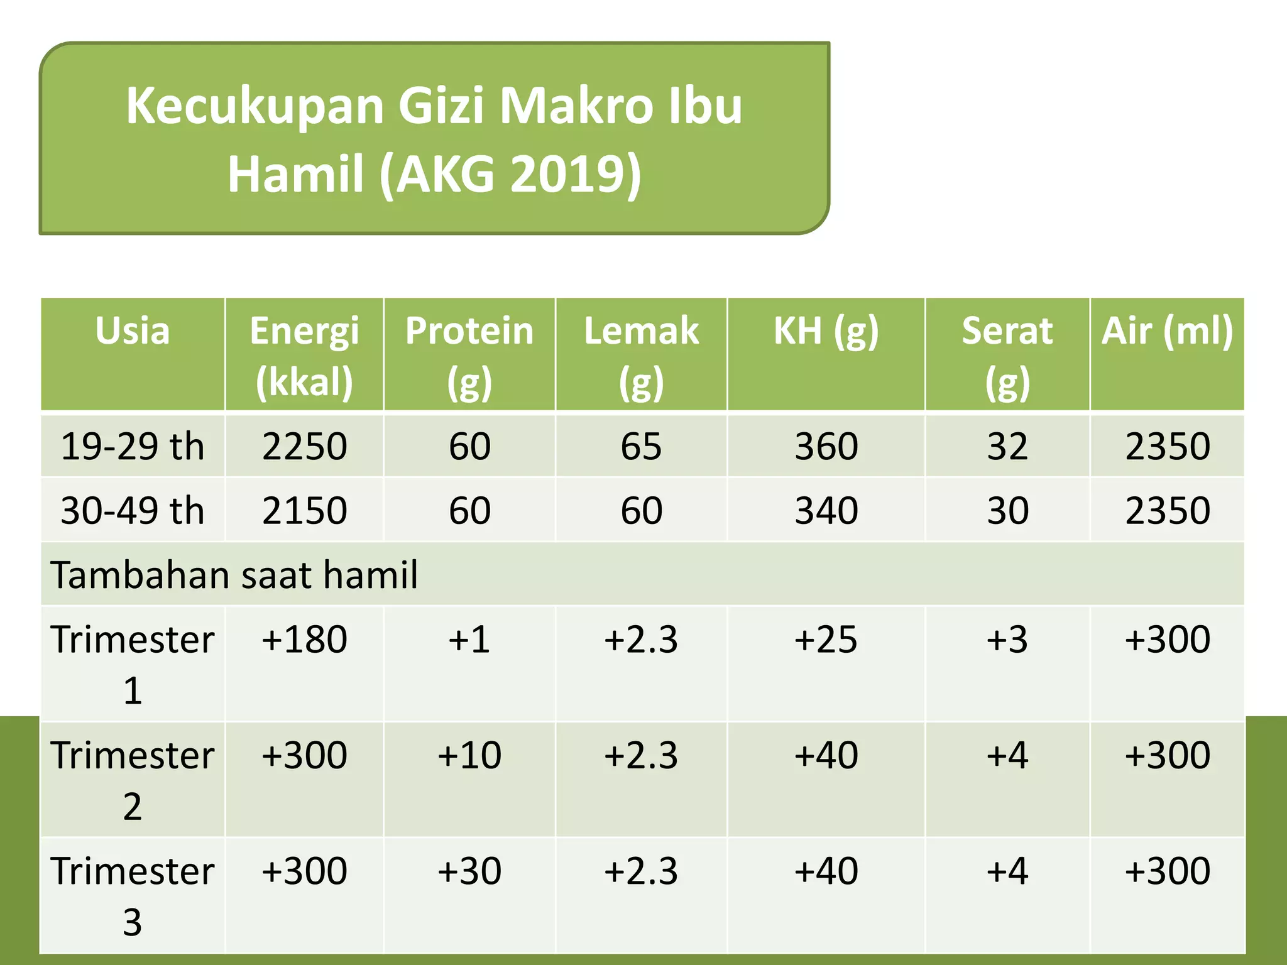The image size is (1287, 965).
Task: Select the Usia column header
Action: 133,331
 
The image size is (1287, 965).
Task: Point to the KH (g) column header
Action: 826,331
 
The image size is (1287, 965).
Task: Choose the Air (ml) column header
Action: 1167,331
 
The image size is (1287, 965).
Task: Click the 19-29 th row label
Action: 133,447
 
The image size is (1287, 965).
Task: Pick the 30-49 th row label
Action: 133,510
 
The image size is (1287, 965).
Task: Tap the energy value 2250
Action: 304,447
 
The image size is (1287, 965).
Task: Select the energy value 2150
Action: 304,510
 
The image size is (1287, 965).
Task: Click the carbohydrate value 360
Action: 826,447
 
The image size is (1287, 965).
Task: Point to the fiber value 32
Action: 1007,447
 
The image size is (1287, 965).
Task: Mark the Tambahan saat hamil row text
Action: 234,575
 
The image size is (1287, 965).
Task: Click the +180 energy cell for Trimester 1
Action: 304,640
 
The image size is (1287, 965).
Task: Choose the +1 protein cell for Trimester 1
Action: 469,640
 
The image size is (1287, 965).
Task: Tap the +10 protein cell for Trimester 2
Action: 469,755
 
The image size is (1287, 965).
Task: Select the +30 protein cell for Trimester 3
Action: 469,871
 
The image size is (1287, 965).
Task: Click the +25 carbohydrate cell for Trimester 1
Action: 826,640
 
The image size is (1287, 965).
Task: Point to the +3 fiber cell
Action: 1007,640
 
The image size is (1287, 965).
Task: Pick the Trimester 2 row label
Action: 133,780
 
